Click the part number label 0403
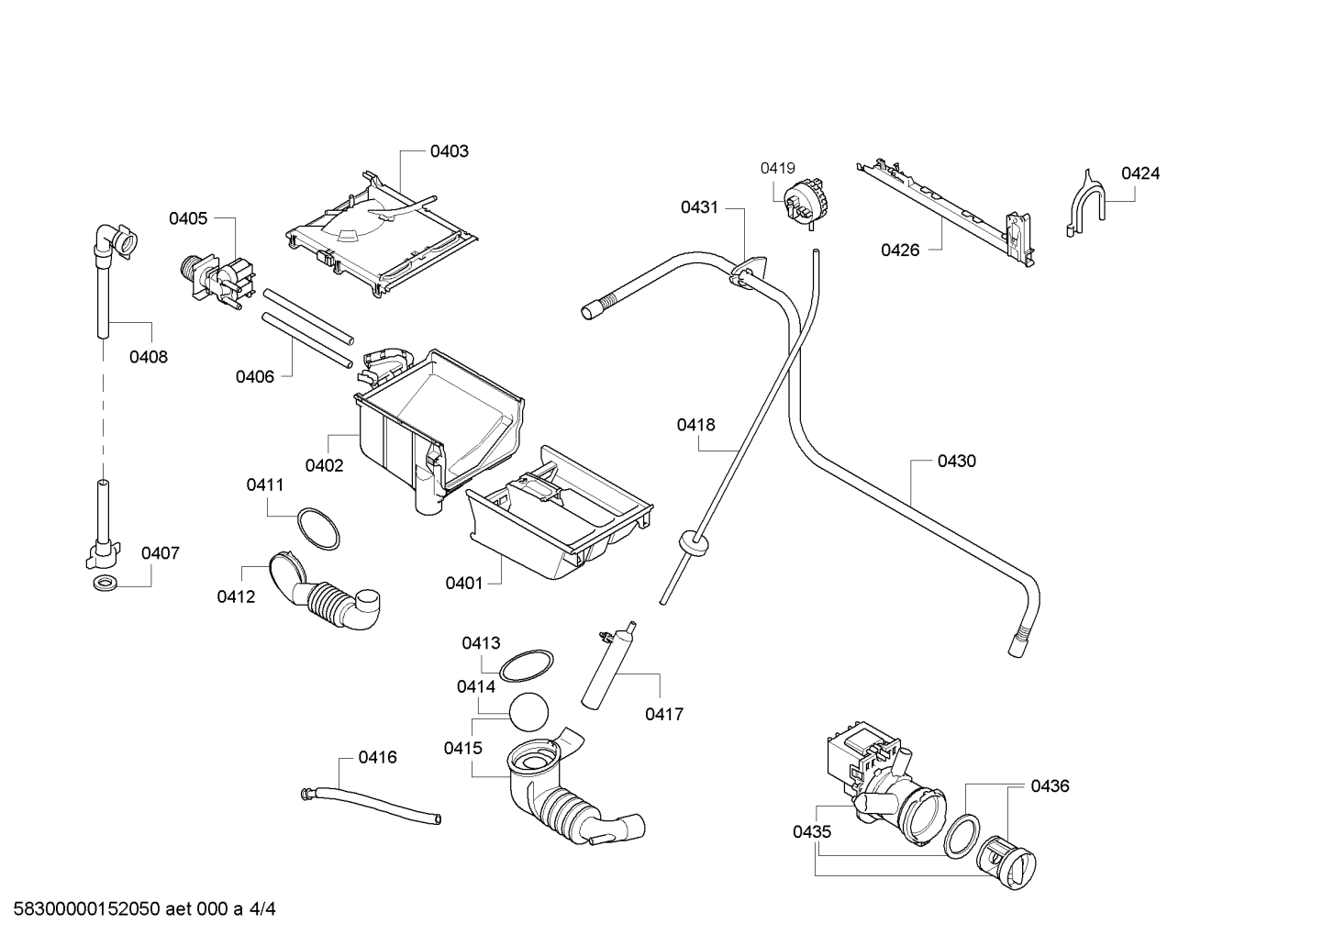449,151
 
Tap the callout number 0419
777,168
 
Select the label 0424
1140,173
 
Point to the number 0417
664,714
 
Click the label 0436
1051,785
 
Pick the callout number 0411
265,484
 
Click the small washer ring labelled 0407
106,584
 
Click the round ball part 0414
528,712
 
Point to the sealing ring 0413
527,665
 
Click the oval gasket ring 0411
317,529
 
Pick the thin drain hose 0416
371,805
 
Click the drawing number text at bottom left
144,909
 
